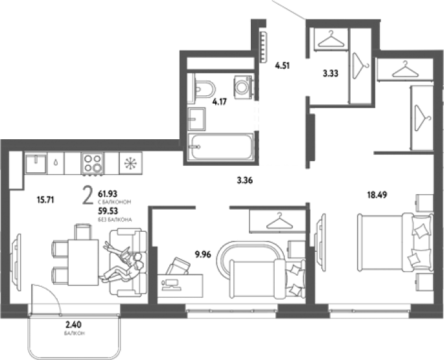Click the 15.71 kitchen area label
[45, 200]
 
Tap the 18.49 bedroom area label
[377, 195]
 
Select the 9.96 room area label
[203, 254]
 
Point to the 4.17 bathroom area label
[220, 102]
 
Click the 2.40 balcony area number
[74, 324]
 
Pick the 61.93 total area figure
[108, 194]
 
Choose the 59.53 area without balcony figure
[108, 211]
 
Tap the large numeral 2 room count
[88, 196]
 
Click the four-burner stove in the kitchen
[93, 164]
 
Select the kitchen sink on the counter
[36, 163]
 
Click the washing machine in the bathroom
[242, 85]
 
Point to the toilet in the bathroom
[204, 89]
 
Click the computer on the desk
[170, 284]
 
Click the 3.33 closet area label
[331, 74]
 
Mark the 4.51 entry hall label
[283, 65]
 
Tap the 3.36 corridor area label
[245, 180]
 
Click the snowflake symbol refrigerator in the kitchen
[131, 163]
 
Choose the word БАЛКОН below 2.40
[75, 333]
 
